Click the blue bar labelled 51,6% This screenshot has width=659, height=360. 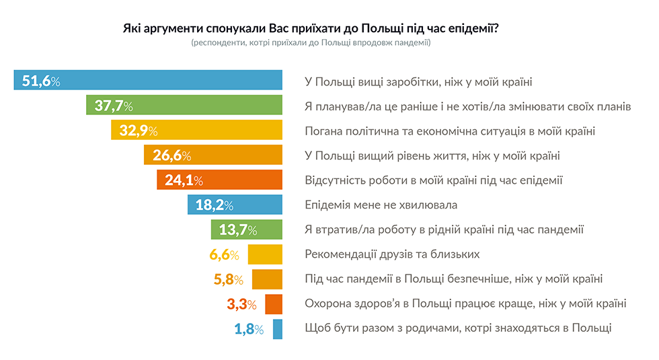click(x=148, y=81)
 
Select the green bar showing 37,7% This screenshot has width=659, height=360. click(x=184, y=106)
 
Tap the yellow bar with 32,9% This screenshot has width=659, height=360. click(x=196, y=131)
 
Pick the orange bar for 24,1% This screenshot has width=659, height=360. click(x=219, y=180)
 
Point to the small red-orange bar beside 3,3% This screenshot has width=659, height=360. click(x=274, y=304)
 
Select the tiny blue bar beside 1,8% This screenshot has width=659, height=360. click(x=277, y=329)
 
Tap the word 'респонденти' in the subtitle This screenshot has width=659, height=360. click(x=218, y=43)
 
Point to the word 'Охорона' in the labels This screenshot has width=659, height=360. click(x=326, y=303)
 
